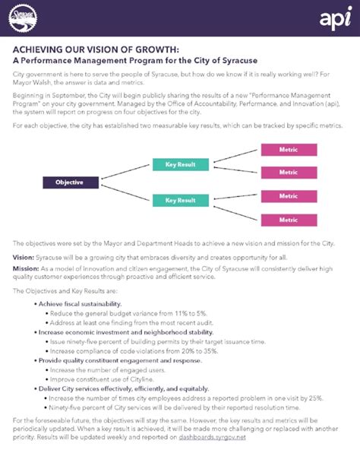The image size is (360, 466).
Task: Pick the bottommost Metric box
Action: pyautogui.click(x=288, y=219)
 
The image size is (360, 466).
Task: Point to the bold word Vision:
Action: pyautogui.click(x=24, y=258)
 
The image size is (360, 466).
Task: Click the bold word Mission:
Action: pyautogui.click(x=26, y=268)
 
